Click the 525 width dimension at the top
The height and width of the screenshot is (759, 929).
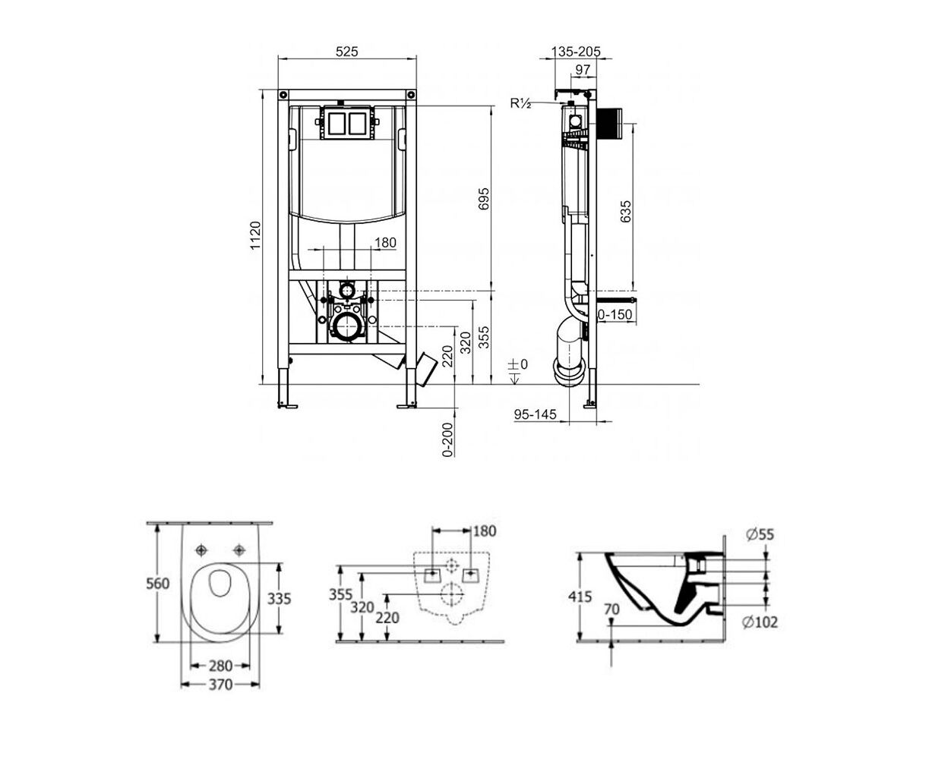point(346,52)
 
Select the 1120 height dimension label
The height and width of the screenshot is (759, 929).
point(255,235)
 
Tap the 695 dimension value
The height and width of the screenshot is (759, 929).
point(484,199)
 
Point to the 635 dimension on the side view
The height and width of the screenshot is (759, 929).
point(625,211)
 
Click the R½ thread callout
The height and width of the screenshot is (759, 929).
point(520,103)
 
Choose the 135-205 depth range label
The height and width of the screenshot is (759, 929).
point(576,52)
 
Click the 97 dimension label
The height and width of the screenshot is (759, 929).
point(583,70)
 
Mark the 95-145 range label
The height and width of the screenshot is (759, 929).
point(536,414)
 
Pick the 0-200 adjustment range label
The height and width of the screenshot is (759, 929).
point(447,439)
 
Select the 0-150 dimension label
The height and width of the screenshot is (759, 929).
point(615,314)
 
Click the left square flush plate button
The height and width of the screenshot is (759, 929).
point(337,124)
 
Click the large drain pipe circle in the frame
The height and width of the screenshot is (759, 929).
point(348,326)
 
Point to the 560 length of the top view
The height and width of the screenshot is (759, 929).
point(158,584)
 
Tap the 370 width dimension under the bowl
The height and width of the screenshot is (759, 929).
point(220,685)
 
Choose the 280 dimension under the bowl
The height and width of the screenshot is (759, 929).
point(220,666)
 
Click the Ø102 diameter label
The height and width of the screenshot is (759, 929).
point(760,622)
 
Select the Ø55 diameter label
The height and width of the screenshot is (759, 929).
point(760,534)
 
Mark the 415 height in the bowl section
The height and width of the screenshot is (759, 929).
point(580,597)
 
